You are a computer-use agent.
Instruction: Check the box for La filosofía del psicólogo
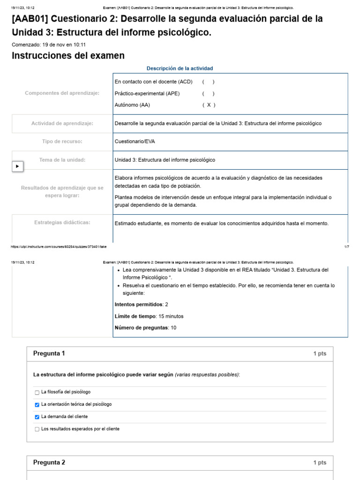[37, 392]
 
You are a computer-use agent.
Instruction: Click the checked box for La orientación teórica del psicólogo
[37, 405]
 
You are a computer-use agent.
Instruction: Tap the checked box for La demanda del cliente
[37, 417]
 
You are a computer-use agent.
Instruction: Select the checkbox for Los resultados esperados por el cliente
[37, 429]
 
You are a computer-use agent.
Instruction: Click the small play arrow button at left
[17, 166]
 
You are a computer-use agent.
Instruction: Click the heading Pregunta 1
[49, 353]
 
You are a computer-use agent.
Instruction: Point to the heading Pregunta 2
[49, 463]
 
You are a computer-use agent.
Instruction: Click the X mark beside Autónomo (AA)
[209, 105]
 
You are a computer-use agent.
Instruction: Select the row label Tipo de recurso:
[62, 141]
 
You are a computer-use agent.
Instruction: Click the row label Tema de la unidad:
[62, 160]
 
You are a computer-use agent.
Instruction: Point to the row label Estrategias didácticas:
[62, 222]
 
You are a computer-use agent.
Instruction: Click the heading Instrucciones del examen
[68, 56]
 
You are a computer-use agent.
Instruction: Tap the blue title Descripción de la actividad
[180, 68]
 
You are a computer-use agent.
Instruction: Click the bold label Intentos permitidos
[139, 304]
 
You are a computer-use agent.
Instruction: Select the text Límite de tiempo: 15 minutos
[149, 316]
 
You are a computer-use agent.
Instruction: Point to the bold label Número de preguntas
[141, 328]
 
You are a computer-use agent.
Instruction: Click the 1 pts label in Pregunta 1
[320, 354]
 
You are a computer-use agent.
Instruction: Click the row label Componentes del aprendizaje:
[62, 93]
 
